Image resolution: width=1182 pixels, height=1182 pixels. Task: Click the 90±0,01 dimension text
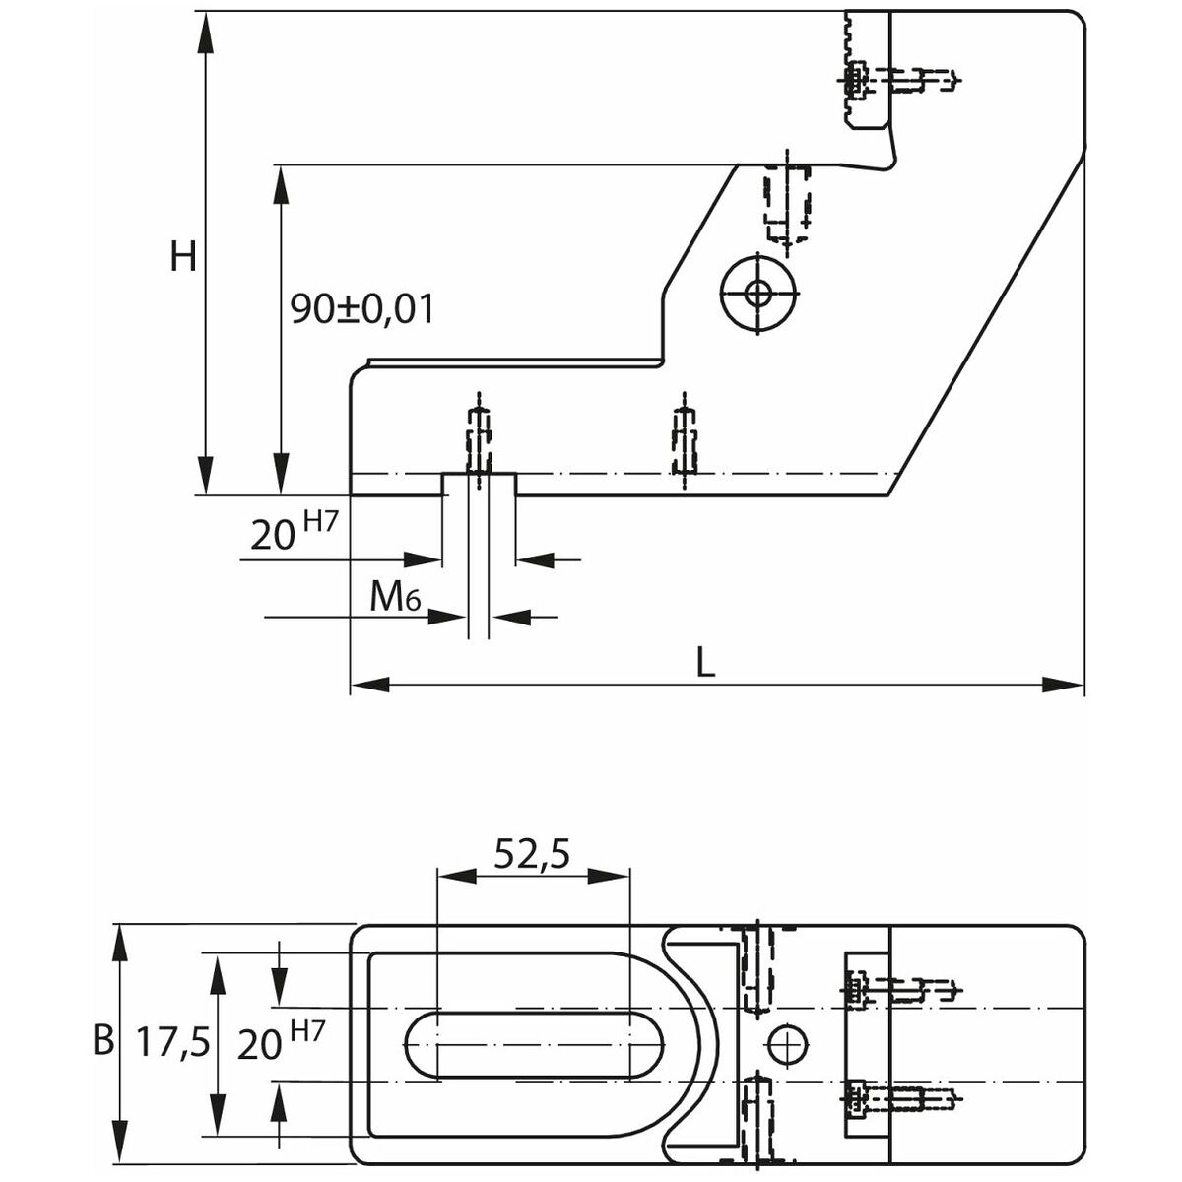point(361,309)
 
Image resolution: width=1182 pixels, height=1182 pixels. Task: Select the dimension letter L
point(705,663)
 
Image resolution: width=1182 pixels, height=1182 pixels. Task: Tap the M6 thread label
point(395,598)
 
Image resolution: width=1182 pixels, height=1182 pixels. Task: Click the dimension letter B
point(102,1040)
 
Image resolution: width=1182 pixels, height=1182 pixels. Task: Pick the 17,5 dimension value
point(173,1042)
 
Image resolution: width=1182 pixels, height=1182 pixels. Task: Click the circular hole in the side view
point(758,293)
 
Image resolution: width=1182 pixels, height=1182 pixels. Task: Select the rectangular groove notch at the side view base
point(480,484)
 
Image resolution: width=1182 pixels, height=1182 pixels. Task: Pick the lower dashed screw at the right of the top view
point(899,1095)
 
